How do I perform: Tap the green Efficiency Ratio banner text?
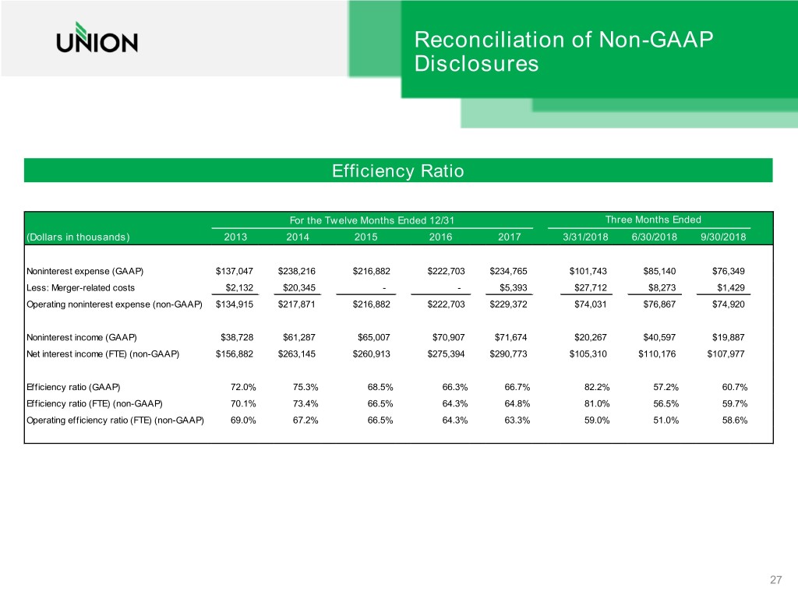tap(398, 171)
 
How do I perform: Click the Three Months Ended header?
tap(653, 220)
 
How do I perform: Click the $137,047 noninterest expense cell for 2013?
tap(235, 271)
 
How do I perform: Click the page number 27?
tap(775, 579)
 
